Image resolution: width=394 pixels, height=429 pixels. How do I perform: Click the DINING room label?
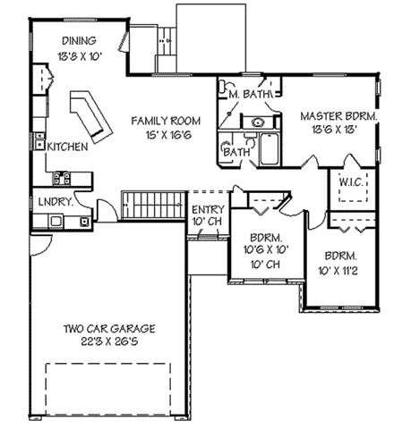click(79, 41)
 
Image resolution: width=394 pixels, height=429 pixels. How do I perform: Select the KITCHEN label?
click(66, 147)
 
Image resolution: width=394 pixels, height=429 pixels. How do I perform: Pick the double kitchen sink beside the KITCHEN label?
click(39, 140)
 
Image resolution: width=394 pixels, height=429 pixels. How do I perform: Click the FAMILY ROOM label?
click(166, 120)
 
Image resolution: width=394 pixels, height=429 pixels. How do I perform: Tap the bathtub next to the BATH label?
click(270, 148)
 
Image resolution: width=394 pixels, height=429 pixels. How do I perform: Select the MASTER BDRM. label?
click(335, 115)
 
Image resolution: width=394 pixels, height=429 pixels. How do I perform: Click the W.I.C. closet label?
click(350, 182)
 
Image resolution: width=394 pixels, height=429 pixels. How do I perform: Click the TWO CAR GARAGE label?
click(106, 327)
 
